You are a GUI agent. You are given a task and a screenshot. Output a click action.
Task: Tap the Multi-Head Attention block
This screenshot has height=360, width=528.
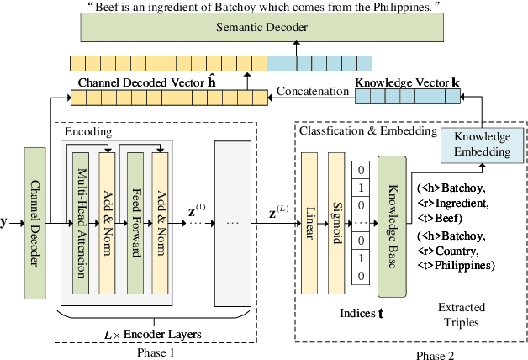81,224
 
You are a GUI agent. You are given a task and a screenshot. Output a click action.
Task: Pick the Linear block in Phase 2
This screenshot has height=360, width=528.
310,223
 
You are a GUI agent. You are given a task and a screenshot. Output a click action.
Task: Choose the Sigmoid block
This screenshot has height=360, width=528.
336,223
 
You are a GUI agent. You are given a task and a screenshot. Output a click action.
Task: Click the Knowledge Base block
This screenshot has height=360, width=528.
391,225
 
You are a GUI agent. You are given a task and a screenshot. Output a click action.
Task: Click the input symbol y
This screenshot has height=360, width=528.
4,222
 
